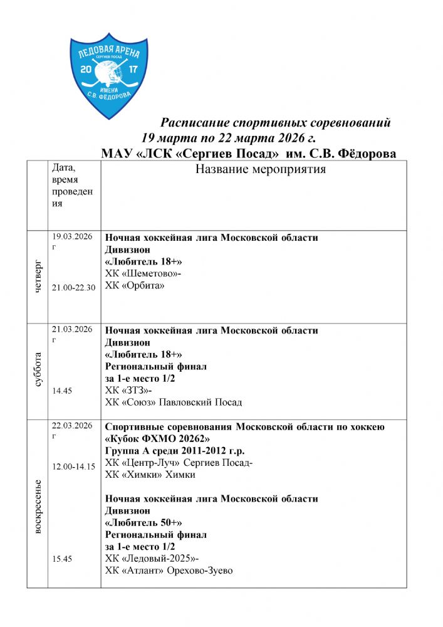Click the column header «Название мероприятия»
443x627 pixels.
pyautogui.click(x=261, y=170)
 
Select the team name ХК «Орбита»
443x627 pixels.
pyautogui.click(x=135, y=286)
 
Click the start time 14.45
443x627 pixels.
pyautogui.click(x=62, y=391)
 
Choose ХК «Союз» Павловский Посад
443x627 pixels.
pyautogui.click(x=174, y=403)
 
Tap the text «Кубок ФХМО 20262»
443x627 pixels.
pyautogui.click(x=162, y=439)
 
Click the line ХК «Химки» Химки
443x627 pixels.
pyautogui.click(x=150, y=475)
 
